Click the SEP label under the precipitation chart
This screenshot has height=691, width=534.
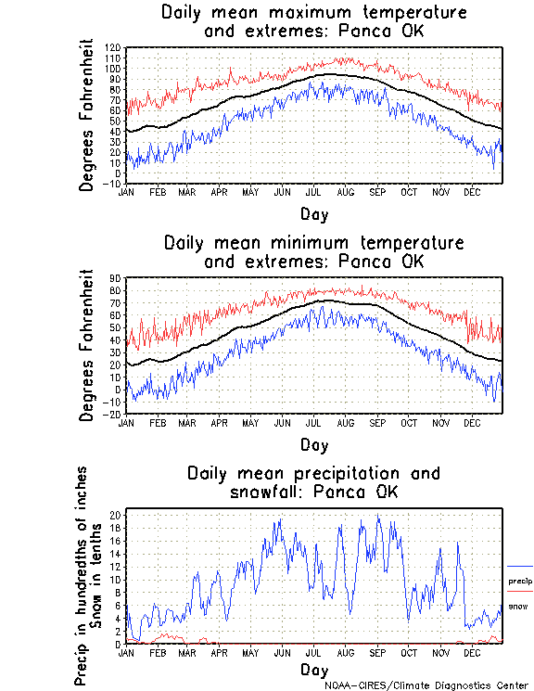pos(377,652)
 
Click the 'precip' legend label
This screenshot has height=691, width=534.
pos(520,582)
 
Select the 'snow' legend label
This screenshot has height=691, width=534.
pos(518,607)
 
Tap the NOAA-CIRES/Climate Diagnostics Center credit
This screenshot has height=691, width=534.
pos(426,685)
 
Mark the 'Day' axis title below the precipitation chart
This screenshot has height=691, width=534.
pos(313,669)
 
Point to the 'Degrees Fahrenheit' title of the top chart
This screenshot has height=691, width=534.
pos(87,114)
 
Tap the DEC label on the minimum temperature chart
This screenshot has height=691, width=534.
pos(472,422)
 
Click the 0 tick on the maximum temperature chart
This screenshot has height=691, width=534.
pos(118,173)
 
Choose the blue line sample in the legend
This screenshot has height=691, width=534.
pos(520,566)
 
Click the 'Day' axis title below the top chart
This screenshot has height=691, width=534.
pos(313,212)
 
